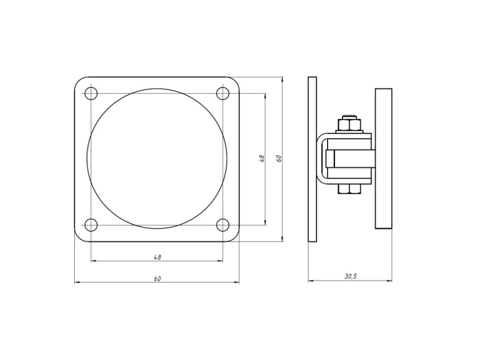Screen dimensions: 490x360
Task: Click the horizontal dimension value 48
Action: pos(157,257)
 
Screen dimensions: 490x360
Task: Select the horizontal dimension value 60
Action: pos(157,278)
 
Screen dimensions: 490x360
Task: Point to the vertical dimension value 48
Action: pos(262,158)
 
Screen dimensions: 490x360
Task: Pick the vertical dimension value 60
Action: pos(279,158)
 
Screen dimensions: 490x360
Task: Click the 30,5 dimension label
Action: pos(351,276)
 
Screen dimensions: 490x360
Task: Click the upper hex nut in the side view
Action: pos(350,125)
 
